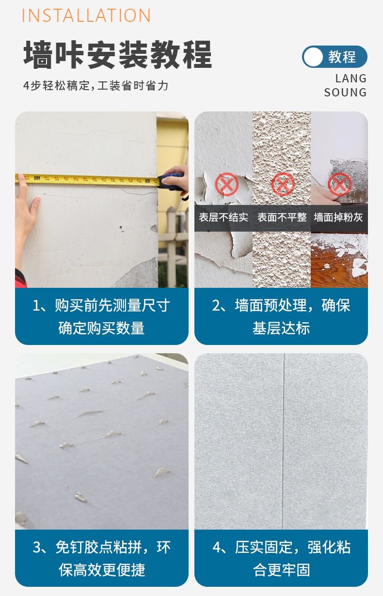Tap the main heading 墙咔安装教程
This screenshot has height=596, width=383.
tap(118, 55)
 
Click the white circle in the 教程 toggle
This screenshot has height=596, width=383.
tap(314, 57)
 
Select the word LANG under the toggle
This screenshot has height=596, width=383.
tap(351, 78)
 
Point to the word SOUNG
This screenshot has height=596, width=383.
tap(345, 93)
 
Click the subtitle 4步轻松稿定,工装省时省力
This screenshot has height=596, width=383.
tap(96, 86)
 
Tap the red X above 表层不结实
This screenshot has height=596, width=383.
tap(226, 185)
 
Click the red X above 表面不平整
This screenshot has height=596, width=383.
tap(283, 185)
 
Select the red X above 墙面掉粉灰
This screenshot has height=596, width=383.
tap(339, 185)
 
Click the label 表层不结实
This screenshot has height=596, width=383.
tap(223, 218)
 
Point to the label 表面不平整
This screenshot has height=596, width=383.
tap(282, 218)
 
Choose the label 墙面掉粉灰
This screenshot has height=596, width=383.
tap(338, 218)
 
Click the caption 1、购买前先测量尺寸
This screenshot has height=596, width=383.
tap(101, 306)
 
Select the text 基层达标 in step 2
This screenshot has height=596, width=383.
tap(281, 328)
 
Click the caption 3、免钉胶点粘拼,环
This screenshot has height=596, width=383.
tap(101, 548)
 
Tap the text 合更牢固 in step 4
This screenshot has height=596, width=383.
tap(281, 570)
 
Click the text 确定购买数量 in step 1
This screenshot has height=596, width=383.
tap(101, 328)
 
